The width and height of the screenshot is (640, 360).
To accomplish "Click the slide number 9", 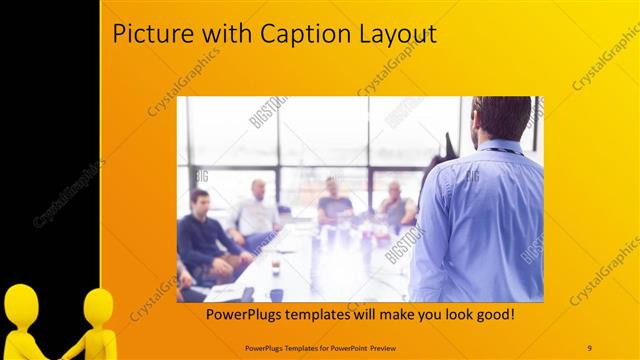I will click(x=589, y=347).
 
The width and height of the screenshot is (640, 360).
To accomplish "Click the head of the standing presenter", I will click(x=503, y=117).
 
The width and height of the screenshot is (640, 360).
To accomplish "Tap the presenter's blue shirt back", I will click(x=480, y=220).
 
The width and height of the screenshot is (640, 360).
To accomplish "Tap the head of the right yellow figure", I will click(x=99, y=305).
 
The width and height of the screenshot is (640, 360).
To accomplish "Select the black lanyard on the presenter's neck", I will click(x=505, y=151).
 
